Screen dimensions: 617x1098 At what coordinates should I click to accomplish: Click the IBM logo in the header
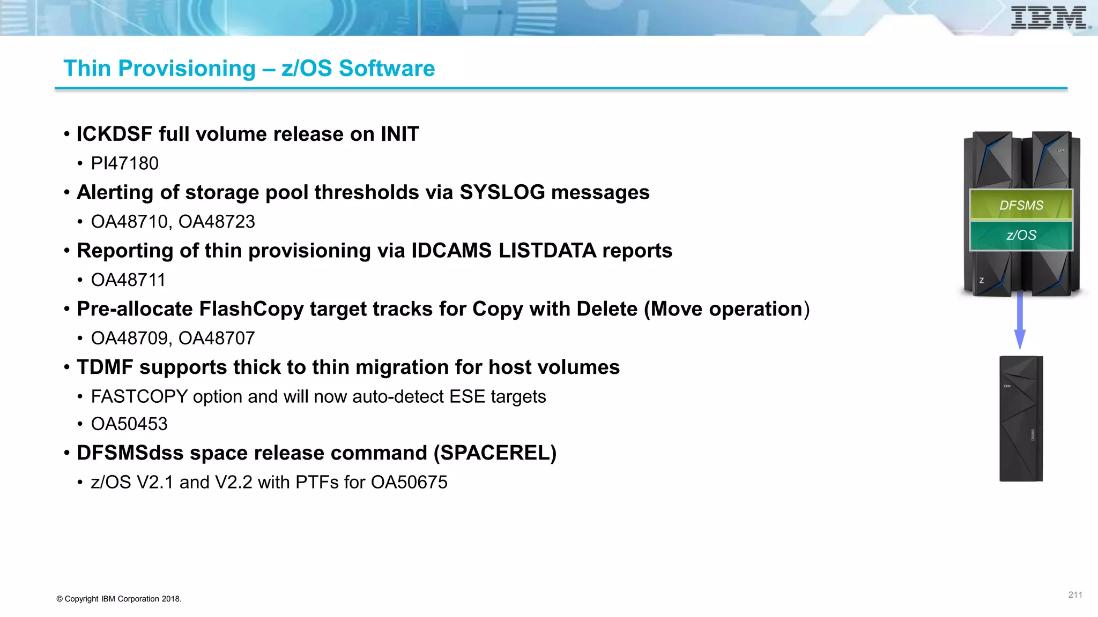1050,18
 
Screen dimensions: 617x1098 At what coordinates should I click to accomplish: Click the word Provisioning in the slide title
187,69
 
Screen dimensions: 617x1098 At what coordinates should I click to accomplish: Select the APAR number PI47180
124,163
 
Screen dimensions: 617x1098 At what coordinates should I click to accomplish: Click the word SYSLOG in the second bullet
502,192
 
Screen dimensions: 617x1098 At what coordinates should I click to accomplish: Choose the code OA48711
128,280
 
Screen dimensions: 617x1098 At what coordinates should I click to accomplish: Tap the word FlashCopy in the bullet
251,309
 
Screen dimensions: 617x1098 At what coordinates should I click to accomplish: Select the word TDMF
105,367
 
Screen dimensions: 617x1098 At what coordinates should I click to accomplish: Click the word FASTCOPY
139,397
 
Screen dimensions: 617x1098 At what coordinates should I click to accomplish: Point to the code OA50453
129,424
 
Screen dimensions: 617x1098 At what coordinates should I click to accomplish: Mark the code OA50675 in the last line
409,483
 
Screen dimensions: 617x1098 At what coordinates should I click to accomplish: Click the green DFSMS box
1021,205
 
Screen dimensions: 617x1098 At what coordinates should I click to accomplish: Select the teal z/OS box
1021,235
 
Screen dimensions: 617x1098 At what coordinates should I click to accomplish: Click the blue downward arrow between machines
1020,321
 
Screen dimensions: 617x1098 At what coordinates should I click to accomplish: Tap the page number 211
1075,595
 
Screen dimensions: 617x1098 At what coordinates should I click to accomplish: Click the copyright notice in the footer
119,599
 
